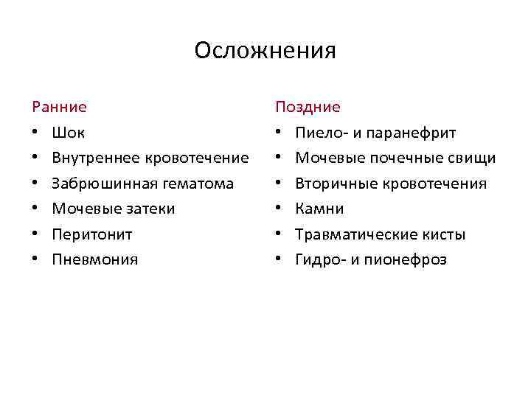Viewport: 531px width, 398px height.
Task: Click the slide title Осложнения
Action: click(x=265, y=51)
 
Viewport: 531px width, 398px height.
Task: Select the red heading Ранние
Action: click(x=59, y=107)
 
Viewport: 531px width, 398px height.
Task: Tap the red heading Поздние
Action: click(x=308, y=107)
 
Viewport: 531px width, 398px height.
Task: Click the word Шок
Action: click(x=68, y=133)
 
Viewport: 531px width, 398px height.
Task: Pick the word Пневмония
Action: click(x=94, y=259)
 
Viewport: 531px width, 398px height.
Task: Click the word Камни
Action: click(x=319, y=209)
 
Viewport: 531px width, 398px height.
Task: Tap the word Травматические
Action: click(x=350, y=234)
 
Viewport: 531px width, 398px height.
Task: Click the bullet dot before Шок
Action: click(x=36, y=133)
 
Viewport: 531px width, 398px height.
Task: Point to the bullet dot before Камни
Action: click(x=280, y=209)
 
